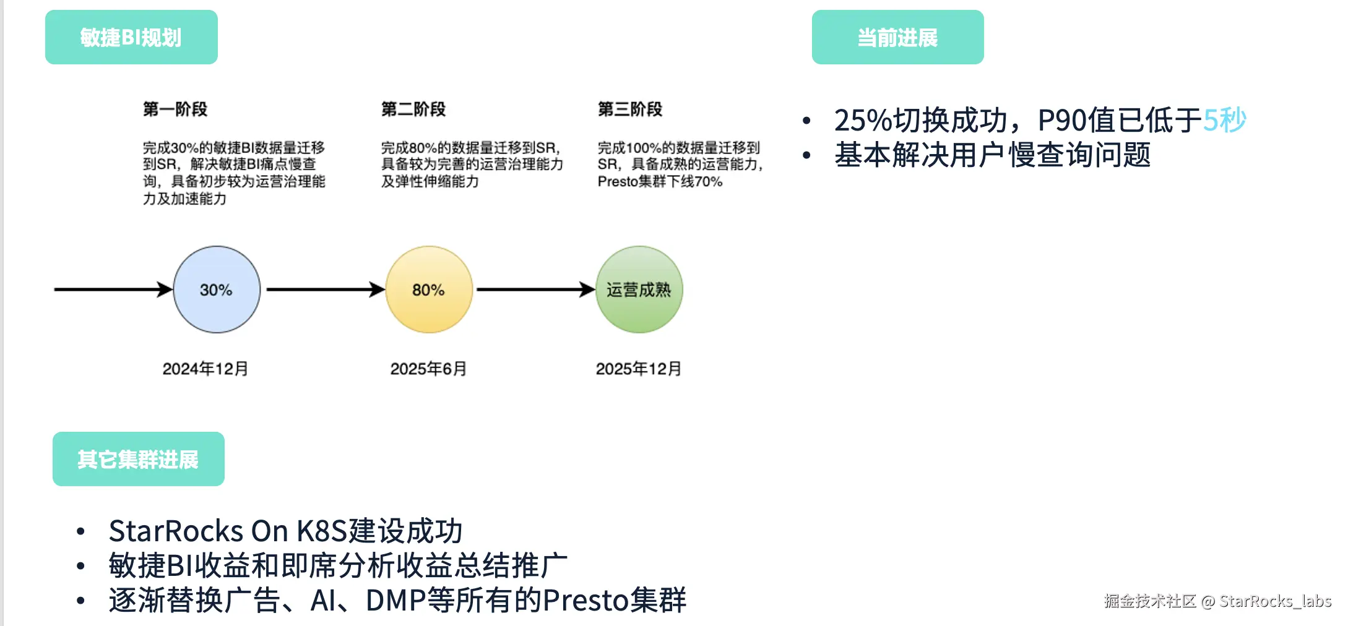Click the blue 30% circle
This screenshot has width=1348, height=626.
[217, 289]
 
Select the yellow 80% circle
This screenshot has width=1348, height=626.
[429, 289]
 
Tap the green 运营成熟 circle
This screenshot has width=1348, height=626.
[639, 289]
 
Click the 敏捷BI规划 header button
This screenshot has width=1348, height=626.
[131, 37]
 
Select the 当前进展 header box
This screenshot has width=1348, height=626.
[897, 37]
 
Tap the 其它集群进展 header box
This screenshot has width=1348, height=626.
[138, 459]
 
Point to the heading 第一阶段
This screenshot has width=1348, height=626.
[175, 109]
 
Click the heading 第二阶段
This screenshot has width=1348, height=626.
[413, 109]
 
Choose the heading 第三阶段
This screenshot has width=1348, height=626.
[630, 109]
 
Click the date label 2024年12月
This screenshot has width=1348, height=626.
[205, 369]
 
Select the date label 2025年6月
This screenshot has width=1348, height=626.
[428, 369]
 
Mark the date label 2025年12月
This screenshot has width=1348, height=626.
[638, 369]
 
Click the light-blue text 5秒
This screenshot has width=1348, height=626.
[1224, 120]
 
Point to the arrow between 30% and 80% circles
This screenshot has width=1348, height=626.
[325, 289]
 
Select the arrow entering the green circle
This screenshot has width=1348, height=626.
[535, 289]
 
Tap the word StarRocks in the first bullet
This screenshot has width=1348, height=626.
[176, 531]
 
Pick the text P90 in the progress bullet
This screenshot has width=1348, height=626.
[1061, 120]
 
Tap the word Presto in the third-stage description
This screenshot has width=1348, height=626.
[618, 182]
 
